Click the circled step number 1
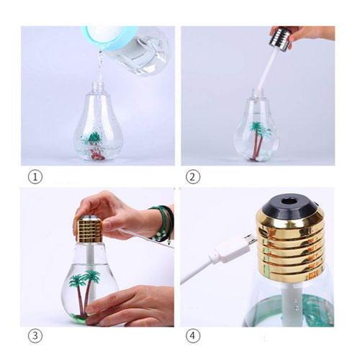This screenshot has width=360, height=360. point(35,176)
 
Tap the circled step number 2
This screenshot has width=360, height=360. point(193,176)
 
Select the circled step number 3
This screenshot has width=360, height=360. point(35,336)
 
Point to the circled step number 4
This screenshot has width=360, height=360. point(193,336)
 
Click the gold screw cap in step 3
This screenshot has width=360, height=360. point(89,229)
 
